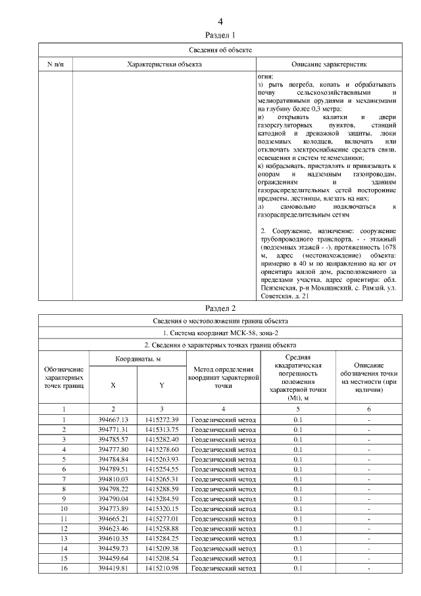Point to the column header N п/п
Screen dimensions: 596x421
point(55,64)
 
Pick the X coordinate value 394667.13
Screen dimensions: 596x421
point(113,420)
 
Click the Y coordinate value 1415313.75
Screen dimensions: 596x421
point(162,429)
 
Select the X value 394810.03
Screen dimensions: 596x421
point(113,479)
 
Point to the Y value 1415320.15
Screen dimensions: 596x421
point(162,508)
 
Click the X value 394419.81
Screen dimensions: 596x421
point(113,568)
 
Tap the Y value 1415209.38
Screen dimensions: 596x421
point(162,548)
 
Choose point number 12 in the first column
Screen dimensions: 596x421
point(64,528)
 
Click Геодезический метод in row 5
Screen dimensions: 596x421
point(223,459)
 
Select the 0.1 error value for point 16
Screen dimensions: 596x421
point(297,568)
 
